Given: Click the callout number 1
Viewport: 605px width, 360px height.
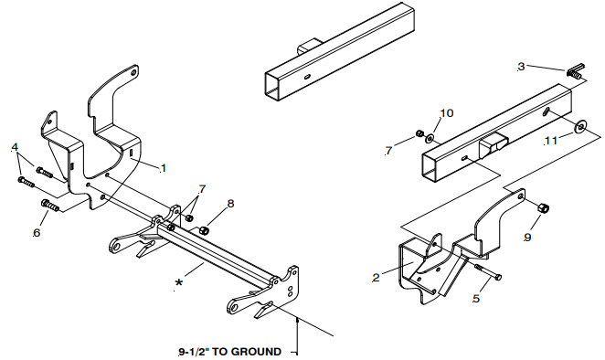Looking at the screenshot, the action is (164, 168).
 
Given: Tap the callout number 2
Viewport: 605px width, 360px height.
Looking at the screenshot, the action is (377, 278).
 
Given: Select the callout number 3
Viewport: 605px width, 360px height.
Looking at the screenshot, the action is (521, 67).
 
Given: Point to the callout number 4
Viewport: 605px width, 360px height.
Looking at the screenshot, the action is (15, 147).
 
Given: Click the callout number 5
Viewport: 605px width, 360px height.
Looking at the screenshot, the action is (476, 298).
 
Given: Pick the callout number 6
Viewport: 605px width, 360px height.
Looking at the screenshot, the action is (37, 233).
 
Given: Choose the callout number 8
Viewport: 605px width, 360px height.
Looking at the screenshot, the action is (230, 204).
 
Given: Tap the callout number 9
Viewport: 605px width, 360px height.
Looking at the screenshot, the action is (527, 237).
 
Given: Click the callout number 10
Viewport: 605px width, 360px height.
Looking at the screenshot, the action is (446, 113).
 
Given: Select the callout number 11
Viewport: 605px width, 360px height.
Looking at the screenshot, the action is (550, 141).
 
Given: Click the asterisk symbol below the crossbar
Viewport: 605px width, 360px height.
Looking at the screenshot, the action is (178, 283).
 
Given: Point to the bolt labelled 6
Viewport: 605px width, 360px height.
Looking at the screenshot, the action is (49, 206).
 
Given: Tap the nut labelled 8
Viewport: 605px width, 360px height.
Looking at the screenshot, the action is (203, 231).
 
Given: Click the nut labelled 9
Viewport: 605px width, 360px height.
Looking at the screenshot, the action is (543, 208).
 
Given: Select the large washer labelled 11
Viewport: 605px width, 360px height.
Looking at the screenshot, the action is (578, 126).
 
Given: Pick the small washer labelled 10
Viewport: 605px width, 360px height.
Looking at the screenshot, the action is (430, 137).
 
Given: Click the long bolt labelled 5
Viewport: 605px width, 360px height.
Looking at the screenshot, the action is (488, 271).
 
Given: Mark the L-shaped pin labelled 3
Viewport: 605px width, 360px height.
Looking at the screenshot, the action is (576, 71).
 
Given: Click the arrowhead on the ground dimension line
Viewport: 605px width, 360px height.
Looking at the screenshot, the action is (297, 321).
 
